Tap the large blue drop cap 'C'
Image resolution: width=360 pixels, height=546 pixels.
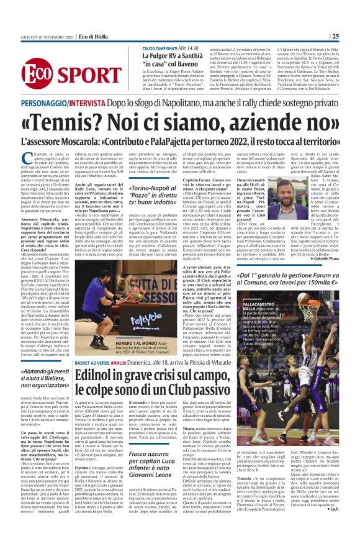(25, 157)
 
